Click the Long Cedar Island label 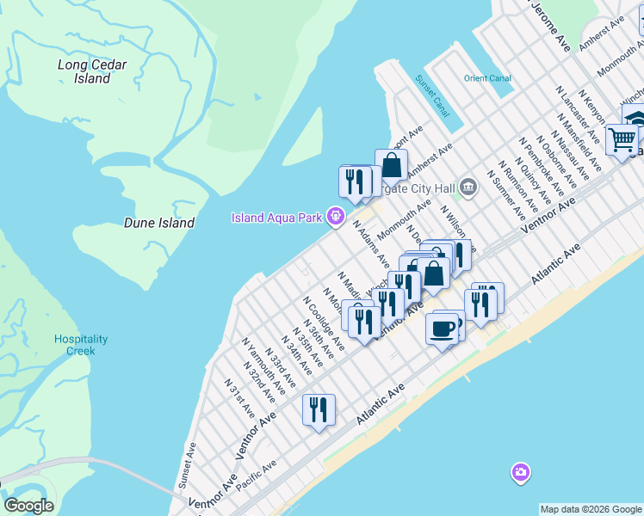coord(84,71)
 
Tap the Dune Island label coord(159,223)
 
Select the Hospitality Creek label coord(81,345)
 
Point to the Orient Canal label coord(488,78)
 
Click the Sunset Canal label coord(432,96)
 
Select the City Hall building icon coord(468,186)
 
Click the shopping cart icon coord(621,138)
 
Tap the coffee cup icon coord(443,328)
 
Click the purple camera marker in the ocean coord(520,471)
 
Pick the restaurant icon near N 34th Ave coord(319,411)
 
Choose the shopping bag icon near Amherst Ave coord(391,163)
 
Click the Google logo coord(28,506)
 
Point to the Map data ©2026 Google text coord(590,509)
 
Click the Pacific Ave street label coord(257,476)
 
